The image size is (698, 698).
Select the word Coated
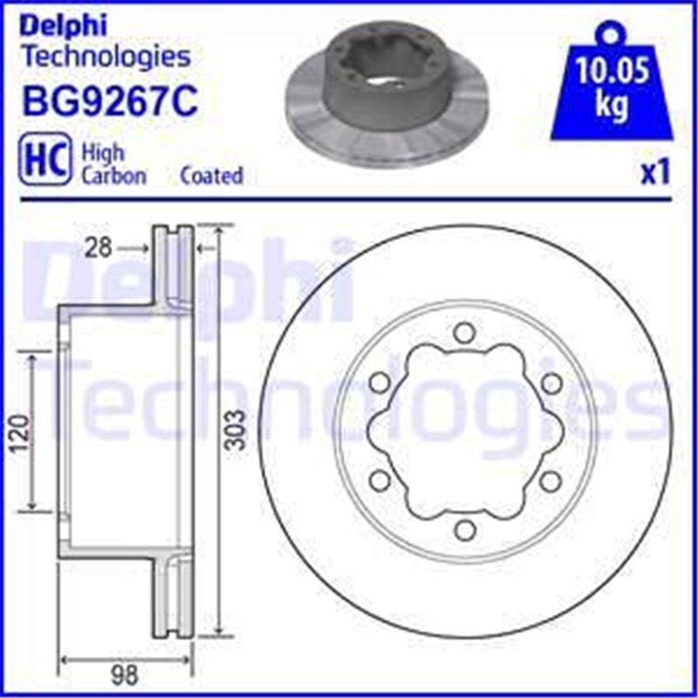pos(211,175)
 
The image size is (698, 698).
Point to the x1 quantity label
pos(654,174)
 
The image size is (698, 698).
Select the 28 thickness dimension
pos(99,250)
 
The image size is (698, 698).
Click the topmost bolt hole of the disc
pos(464,331)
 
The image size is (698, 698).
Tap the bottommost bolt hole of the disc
pos(464,530)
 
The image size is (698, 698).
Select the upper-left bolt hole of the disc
pos(379,382)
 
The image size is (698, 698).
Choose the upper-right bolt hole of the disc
pos(551,382)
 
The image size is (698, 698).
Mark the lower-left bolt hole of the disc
pos(379,479)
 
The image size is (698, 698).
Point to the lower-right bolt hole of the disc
pos(551,479)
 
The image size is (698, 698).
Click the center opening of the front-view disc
pos(464,429)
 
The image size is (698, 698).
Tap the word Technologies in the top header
pos(105,58)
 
